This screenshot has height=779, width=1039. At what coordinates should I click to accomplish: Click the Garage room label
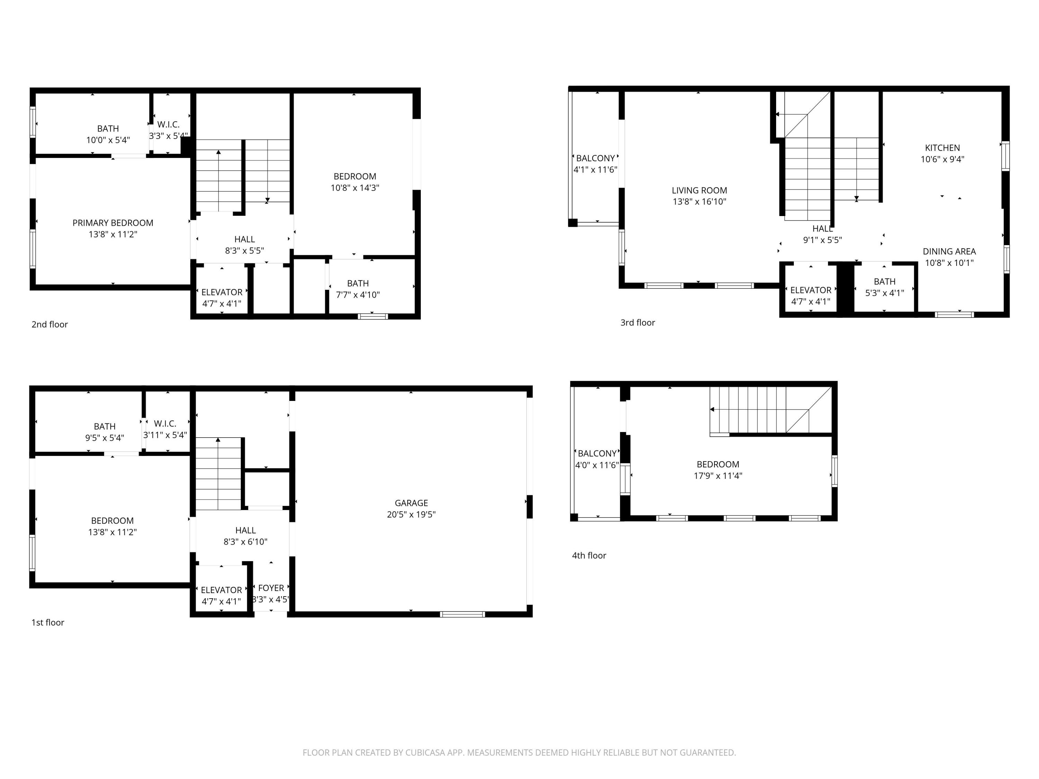(x=411, y=503)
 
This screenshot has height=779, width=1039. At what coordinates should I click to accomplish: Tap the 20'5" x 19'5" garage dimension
(x=411, y=514)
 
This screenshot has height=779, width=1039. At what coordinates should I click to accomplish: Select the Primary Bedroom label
(x=113, y=223)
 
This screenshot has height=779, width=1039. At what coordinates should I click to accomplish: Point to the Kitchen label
(x=942, y=147)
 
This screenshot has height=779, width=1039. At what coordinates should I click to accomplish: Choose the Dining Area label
(x=949, y=251)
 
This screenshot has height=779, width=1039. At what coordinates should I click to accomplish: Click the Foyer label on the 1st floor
(x=271, y=588)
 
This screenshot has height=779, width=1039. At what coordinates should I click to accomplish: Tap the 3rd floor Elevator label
(x=810, y=290)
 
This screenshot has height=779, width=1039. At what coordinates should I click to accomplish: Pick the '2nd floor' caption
(x=50, y=324)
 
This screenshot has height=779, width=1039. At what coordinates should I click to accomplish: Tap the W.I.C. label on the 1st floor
(x=165, y=423)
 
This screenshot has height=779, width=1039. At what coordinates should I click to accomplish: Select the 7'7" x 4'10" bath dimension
(x=357, y=295)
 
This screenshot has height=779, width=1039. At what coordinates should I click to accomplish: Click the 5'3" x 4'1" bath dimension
(x=885, y=293)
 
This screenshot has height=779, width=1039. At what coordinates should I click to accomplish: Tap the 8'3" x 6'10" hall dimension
(x=245, y=541)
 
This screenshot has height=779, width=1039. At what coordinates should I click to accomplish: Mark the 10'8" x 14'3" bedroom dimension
(x=355, y=188)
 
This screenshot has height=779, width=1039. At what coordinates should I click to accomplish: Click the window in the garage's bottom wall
(x=462, y=614)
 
